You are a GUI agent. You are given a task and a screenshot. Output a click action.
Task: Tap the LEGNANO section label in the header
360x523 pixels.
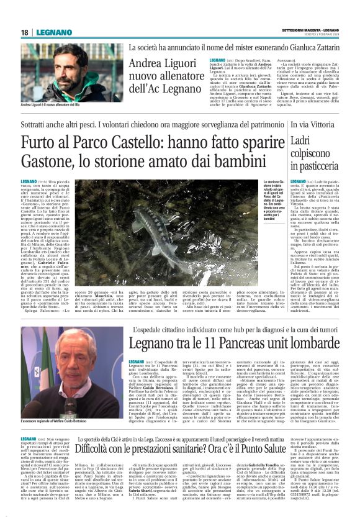click(x=51, y=32)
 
